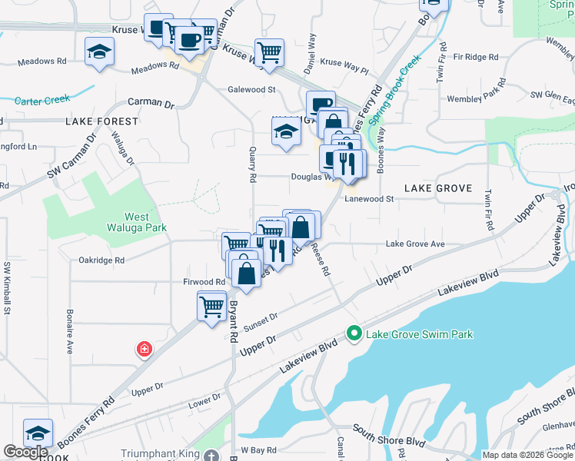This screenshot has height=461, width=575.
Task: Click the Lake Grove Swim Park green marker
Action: coord(354,333)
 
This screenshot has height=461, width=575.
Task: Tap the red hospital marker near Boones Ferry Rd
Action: coord(144,350)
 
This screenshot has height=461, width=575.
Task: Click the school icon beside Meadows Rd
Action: coord(99,52)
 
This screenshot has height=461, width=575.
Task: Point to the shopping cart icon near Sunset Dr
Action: coord(211,306)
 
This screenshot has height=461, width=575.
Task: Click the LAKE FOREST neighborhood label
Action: coord(102,121)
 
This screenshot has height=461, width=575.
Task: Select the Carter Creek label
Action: coord(42,99)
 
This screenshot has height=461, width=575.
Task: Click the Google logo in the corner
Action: coord(26,452)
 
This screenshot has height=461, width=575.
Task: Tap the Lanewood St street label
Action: coord(369,198)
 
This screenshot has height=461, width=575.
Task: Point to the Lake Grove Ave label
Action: coord(415,244)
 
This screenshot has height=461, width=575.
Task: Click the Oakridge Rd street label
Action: coord(101,260)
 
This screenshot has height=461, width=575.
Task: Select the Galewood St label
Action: coord(251,89)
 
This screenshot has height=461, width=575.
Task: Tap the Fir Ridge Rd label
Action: coord(476,57)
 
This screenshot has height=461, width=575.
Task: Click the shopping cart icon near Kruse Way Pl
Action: coord(269,52)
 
